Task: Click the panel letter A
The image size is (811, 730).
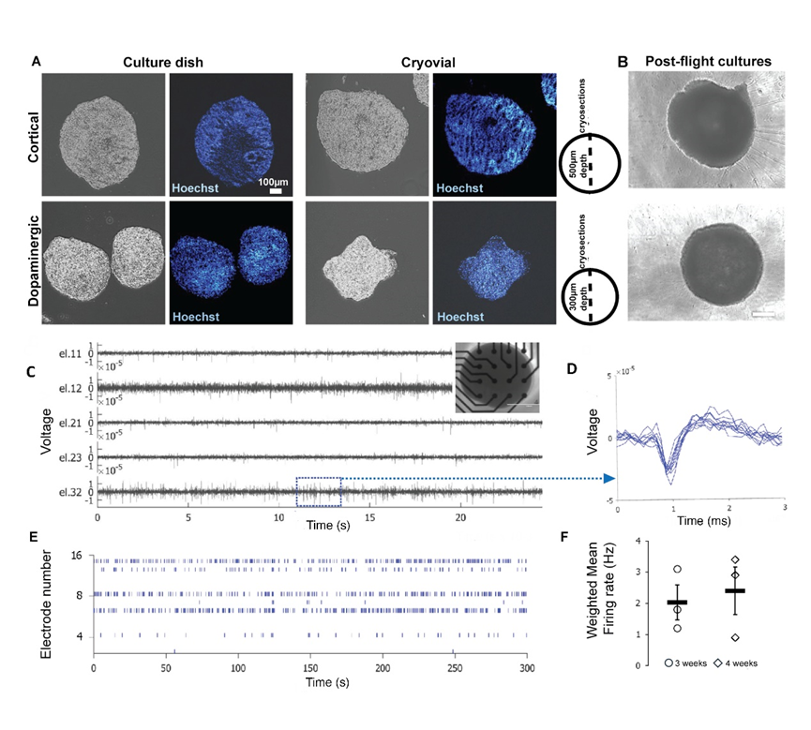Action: [37, 62]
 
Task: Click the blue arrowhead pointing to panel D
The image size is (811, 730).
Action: [608, 479]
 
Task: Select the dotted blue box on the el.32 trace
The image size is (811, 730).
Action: [319, 491]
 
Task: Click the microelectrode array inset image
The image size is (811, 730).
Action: [498, 376]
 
